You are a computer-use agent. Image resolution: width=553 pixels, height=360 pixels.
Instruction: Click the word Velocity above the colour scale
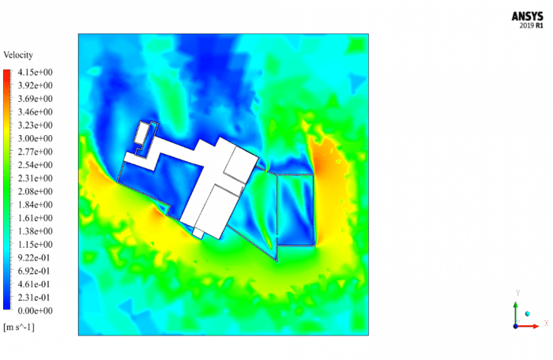[19, 55]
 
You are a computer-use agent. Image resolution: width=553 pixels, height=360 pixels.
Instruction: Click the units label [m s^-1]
[19, 326]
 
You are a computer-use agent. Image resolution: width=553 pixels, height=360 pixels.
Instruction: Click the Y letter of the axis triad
[516, 292]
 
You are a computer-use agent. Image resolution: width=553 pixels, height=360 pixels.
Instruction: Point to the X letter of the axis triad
[546, 323]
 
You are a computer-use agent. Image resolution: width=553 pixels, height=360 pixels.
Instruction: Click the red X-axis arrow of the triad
[531, 325]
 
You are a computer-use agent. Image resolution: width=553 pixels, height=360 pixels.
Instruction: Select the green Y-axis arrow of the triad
[515, 309]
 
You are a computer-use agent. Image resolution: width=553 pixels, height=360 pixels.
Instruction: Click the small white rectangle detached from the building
[142, 133]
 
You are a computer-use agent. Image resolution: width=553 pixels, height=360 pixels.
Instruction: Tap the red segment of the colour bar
[7, 76]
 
